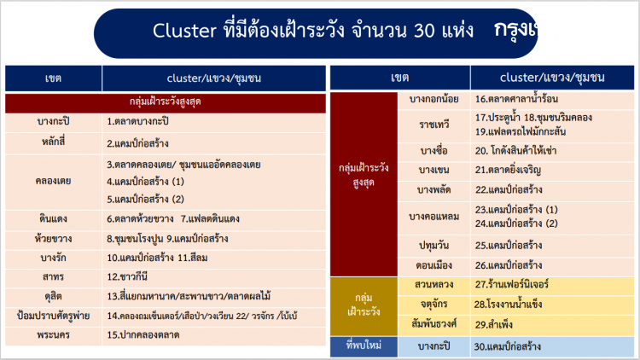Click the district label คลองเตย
click(x=53, y=181)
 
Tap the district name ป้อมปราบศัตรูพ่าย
click(x=53, y=315)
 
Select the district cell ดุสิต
click(x=53, y=296)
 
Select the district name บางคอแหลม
click(x=434, y=217)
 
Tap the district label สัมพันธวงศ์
click(x=434, y=323)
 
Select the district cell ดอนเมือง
click(x=434, y=264)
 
